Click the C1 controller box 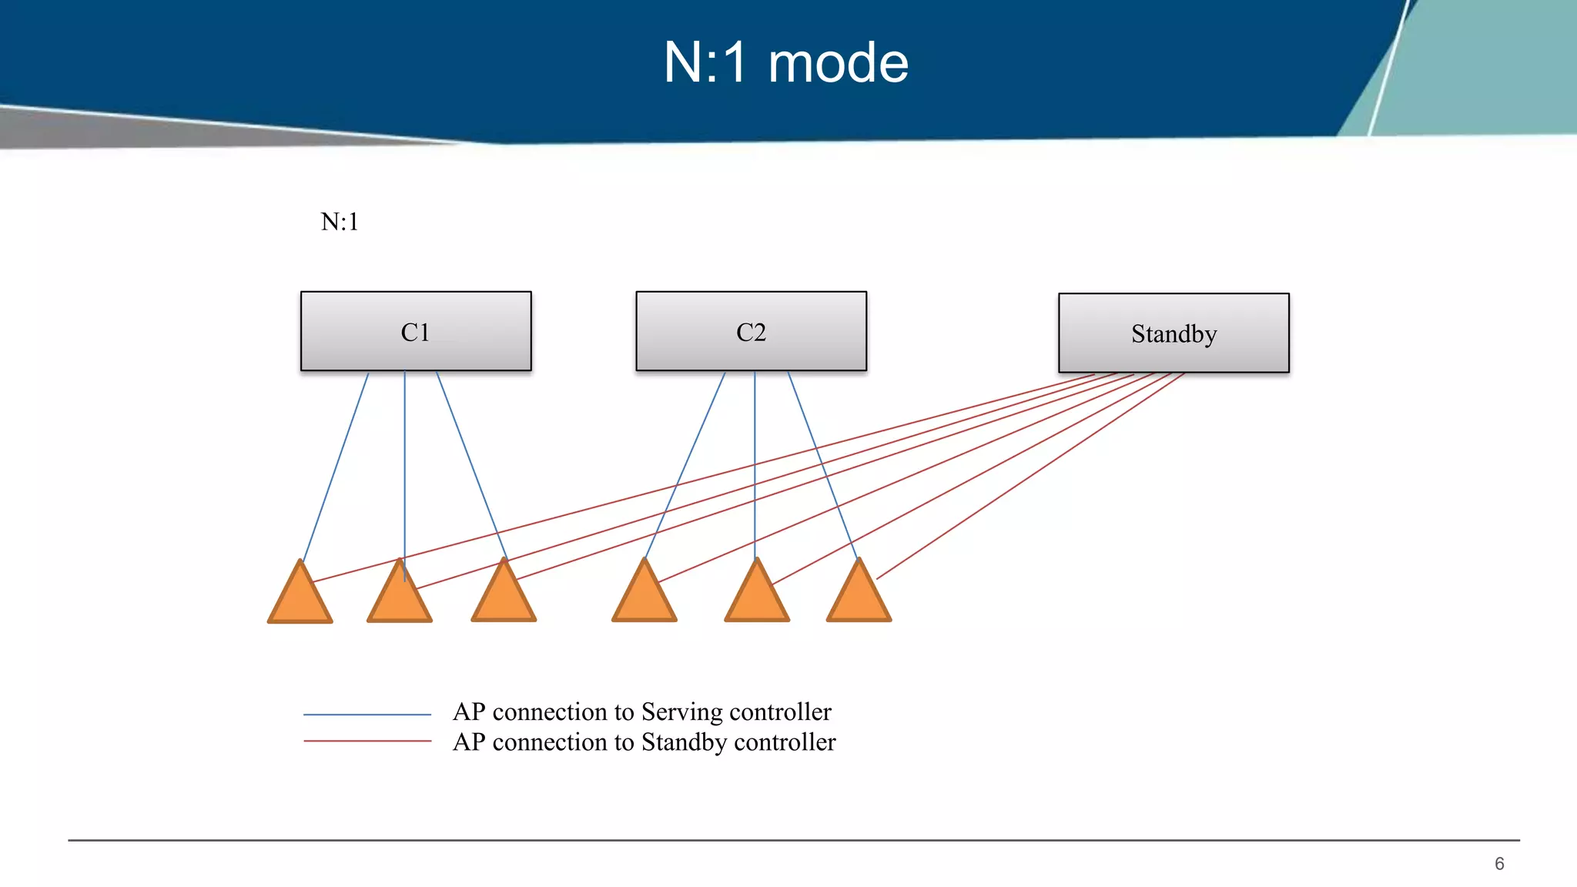point(416,331)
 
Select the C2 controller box point(751,331)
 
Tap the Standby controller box point(1174,333)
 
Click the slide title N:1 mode point(785,62)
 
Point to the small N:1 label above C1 point(340,222)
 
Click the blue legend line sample point(367,715)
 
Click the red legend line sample point(367,741)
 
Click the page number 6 point(1498,864)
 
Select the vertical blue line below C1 point(404,462)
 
